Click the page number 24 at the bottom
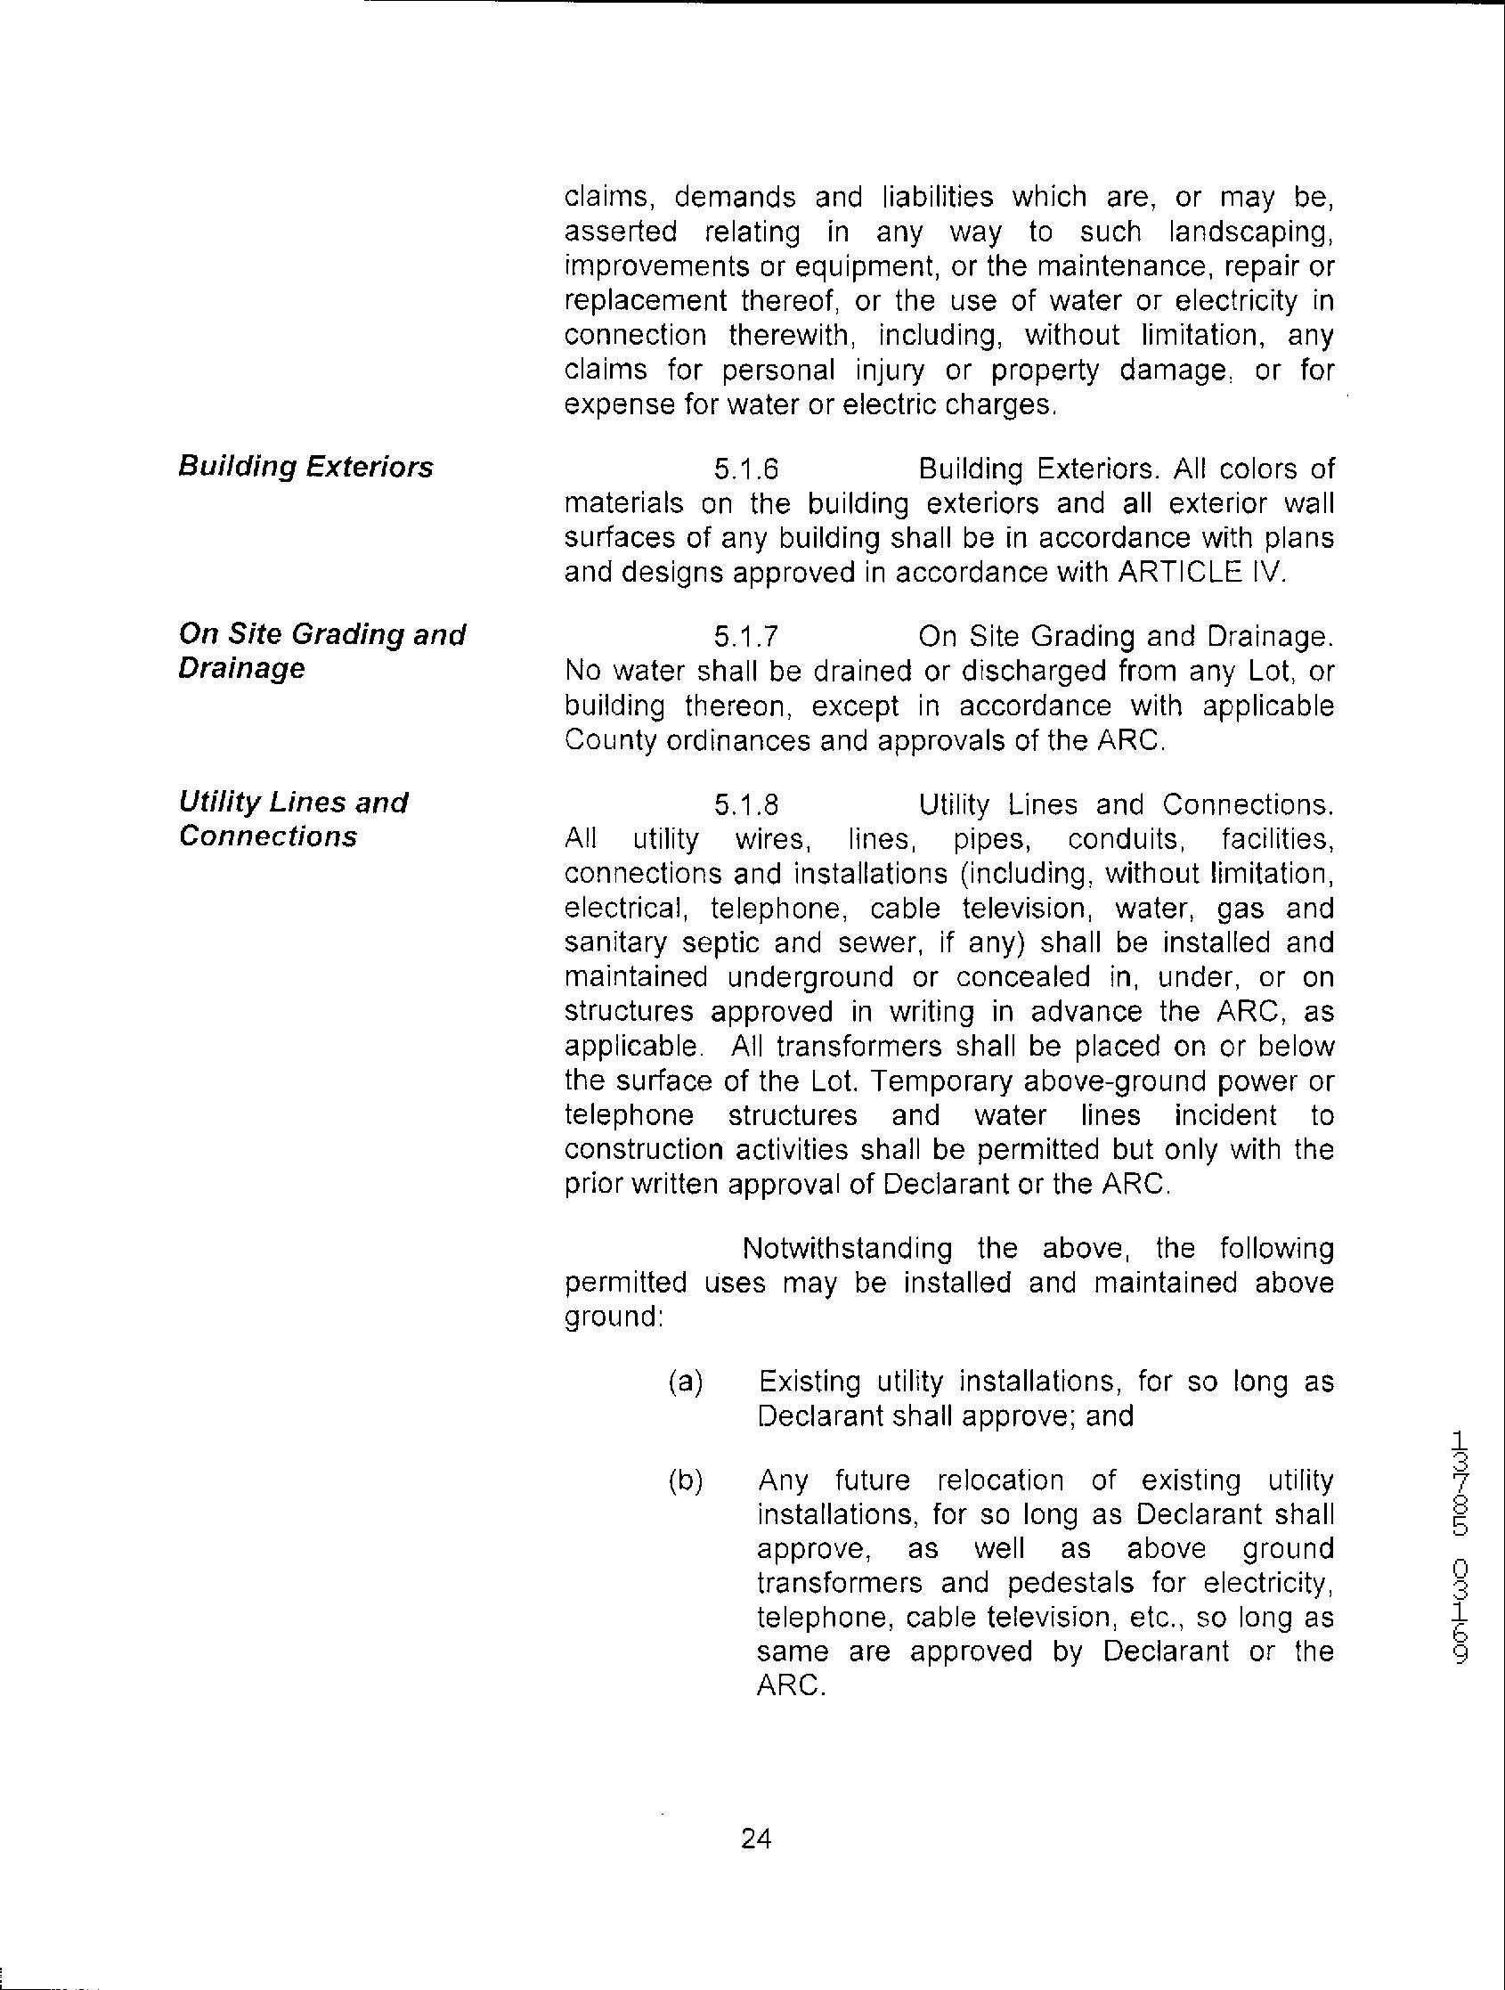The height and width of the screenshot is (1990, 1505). tap(756, 1839)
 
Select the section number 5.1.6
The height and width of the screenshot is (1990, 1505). tap(745, 469)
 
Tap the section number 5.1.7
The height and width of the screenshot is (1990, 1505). tap(745, 637)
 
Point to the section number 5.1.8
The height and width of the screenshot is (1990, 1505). tap(745, 804)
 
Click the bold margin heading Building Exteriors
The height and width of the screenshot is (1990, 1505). tap(305, 467)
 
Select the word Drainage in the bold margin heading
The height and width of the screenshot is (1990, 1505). tap(242, 668)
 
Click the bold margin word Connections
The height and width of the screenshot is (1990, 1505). tap(268, 836)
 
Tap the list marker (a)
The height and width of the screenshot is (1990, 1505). tap(686, 1381)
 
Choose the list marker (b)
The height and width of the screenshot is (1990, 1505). tap(686, 1480)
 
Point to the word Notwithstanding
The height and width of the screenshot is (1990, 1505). tap(848, 1249)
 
